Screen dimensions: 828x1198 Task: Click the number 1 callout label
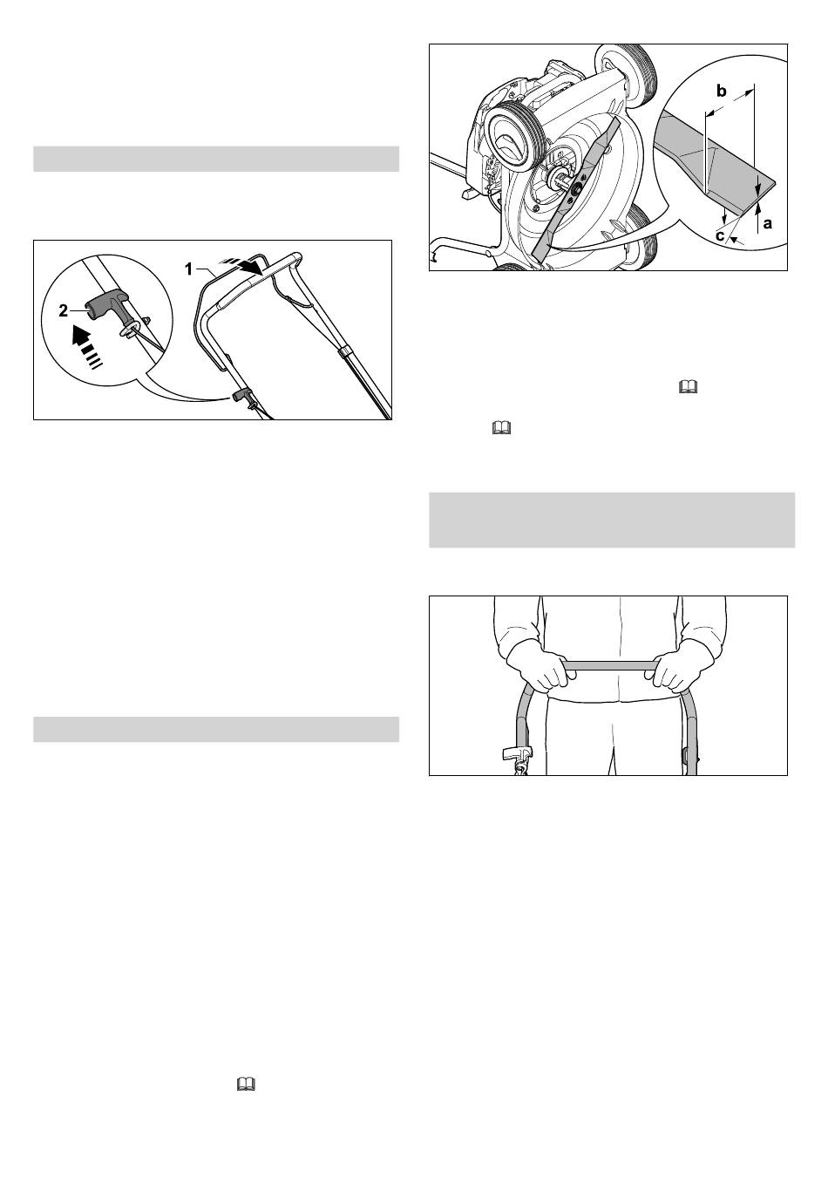click(x=188, y=269)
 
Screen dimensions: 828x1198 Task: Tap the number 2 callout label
click(x=63, y=310)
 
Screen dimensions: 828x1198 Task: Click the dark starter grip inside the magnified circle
click(x=107, y=307)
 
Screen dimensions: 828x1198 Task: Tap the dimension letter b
click(x=721, y=92)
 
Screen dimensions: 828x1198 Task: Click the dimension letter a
click(x=768, y=223)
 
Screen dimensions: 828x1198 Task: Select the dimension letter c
click(x=720, y=235)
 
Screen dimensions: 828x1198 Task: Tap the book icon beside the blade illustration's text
click(x=688, y=386)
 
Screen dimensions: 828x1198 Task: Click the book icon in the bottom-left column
click(x=246, y=1084)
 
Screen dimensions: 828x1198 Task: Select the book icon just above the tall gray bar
click(x=501, y=428)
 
